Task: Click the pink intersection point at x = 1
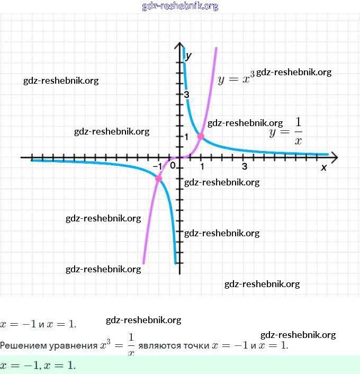tap(201, 136)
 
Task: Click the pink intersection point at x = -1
tap(158, 179)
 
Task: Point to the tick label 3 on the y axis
tap(187, 94)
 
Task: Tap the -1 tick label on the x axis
tap(157, 167)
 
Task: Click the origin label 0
tap(173, 166)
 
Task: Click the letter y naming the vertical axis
tap(189, 55)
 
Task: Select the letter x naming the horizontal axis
tap(324, 168)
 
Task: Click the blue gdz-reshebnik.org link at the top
tap(180, 6)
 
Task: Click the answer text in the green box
tap(38, 366)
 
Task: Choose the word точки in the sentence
tap(196, 346)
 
